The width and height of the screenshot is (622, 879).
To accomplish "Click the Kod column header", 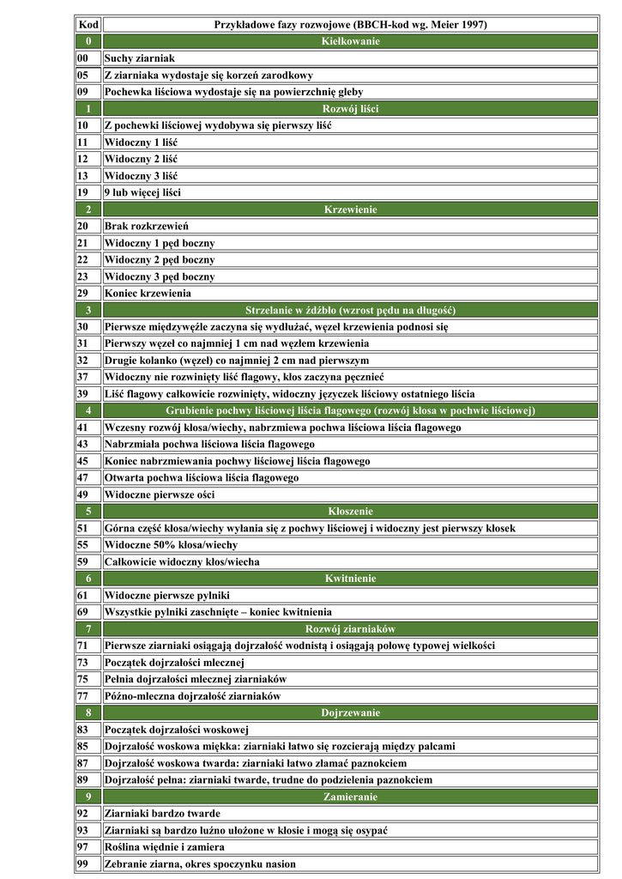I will [88, 25].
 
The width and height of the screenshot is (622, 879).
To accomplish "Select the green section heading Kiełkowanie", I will [350, 41].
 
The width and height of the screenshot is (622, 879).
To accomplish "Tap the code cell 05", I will [83, 75].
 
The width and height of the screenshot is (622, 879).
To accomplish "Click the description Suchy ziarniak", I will [140, 58].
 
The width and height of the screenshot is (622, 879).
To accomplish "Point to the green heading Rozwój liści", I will [350, 108].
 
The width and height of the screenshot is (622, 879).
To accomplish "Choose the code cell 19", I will [83, 192].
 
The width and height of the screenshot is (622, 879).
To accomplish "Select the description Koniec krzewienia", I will [148, 293].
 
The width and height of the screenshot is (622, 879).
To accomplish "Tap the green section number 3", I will [88, 310].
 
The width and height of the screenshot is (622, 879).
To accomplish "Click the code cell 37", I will [83, 377].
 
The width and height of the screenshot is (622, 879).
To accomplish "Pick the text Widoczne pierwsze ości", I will [160, 494].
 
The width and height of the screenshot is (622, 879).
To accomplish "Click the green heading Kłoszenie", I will [350, 512].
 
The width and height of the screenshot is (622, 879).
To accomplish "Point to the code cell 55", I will [83, 545].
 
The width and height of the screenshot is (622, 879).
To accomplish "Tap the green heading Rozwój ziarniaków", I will [350, 629].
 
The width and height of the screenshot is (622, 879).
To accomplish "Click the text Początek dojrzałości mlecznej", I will [175, 663].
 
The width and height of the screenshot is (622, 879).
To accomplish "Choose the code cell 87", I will [83, 763].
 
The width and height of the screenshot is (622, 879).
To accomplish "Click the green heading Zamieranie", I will [350, 797].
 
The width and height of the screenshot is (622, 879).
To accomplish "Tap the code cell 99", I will [83, 864].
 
